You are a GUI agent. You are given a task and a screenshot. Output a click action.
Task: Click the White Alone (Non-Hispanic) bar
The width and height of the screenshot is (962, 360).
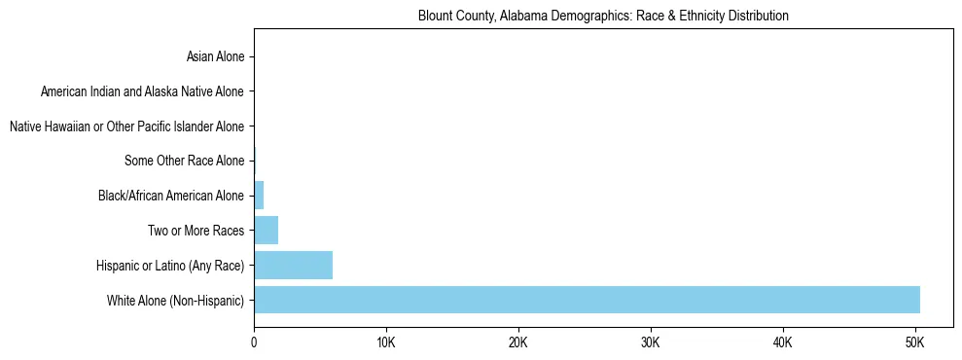point(587,300)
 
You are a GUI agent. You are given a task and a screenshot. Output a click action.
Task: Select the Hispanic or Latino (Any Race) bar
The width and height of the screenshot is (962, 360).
point(293,265)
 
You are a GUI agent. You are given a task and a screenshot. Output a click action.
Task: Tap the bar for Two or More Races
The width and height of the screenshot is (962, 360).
point(266,231)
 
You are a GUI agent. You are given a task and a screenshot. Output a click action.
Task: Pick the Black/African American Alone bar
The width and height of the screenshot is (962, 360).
point(259,196)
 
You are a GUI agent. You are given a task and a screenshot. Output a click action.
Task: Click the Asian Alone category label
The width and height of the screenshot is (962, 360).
point(215,56)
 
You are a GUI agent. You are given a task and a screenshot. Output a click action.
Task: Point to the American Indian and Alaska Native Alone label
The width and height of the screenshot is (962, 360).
point(142,91)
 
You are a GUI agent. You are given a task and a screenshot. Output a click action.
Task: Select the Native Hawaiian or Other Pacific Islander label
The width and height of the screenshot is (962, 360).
point(126,126)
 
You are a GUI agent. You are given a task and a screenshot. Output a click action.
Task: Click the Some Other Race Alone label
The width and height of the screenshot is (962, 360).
point(184,161)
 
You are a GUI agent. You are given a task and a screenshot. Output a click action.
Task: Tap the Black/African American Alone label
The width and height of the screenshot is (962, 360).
point(171,196)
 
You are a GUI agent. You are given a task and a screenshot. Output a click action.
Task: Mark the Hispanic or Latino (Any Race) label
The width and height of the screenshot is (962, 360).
point(170,266)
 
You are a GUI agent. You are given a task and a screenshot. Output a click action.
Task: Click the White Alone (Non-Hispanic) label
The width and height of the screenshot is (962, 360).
point(176,301)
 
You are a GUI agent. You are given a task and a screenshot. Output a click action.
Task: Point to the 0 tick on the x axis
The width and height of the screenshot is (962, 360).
point(254,343)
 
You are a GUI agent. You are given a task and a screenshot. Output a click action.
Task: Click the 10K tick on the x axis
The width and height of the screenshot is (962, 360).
point(386,343)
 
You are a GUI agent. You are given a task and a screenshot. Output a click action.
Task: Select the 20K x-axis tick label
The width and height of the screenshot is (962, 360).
point(518,343)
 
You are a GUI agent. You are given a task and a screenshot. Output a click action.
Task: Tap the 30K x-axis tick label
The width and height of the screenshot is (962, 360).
point(651,343)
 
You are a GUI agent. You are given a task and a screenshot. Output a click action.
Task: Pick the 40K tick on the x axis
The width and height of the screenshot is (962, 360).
point(783,343)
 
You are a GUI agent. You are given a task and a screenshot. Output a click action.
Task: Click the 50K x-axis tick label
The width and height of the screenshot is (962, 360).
point(915,343)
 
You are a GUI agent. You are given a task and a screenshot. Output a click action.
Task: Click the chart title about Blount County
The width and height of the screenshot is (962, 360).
point(603,16)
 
